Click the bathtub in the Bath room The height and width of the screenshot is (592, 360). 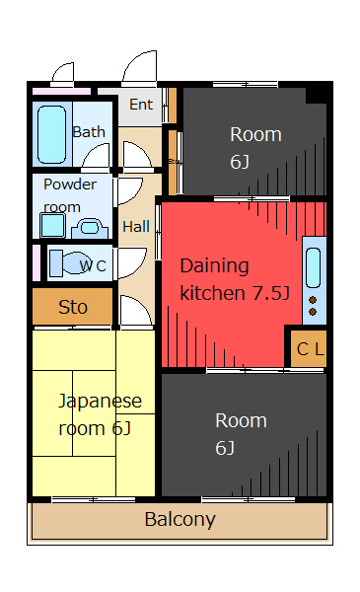click(51, 134)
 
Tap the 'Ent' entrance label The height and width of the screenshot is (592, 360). click(141, 105)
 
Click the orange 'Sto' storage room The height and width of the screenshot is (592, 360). click(72, 306)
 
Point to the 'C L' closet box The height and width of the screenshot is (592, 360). click(309, 349)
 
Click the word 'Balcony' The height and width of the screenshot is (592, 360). click(180, 520)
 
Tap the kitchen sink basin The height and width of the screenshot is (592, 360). click(313, 267)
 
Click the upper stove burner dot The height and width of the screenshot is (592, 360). click(313, 300)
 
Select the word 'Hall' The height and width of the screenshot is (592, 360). click(136, 227)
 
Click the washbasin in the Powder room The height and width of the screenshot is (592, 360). click(90, 228)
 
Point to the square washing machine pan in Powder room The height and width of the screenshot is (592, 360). click(53, 225)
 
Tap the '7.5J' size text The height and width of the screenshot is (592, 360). click(270, 293)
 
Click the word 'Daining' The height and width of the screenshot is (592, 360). click(214, 267)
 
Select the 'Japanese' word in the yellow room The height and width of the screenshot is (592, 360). click(100, 402)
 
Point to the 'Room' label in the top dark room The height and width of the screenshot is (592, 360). click(255, 134)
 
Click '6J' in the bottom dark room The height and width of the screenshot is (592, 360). click(225, 448)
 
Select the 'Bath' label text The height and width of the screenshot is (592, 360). click(89, 132)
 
